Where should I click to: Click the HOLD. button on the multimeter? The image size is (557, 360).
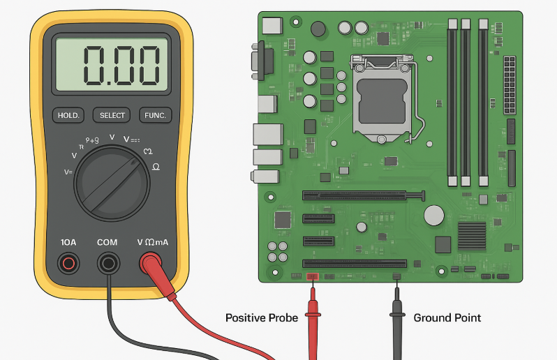(68, 115)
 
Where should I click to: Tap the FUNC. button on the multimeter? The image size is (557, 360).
(154, 115)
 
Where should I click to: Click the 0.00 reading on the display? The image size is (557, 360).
(111, 66)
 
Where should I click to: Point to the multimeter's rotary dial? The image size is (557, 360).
(112, 183)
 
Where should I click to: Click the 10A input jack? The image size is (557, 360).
(68, 263)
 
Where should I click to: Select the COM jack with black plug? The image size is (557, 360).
(107, 263)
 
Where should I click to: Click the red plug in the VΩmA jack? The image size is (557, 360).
(151, 263)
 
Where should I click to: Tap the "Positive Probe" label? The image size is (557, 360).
(262, 318)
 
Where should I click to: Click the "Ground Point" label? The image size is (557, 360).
(447, 318)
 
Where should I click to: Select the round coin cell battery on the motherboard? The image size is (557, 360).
(435, 215)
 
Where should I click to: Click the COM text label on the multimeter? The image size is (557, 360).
(107, 242)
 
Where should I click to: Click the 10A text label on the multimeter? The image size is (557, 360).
(68, 242)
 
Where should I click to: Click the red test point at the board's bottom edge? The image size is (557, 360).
(312, 277)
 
